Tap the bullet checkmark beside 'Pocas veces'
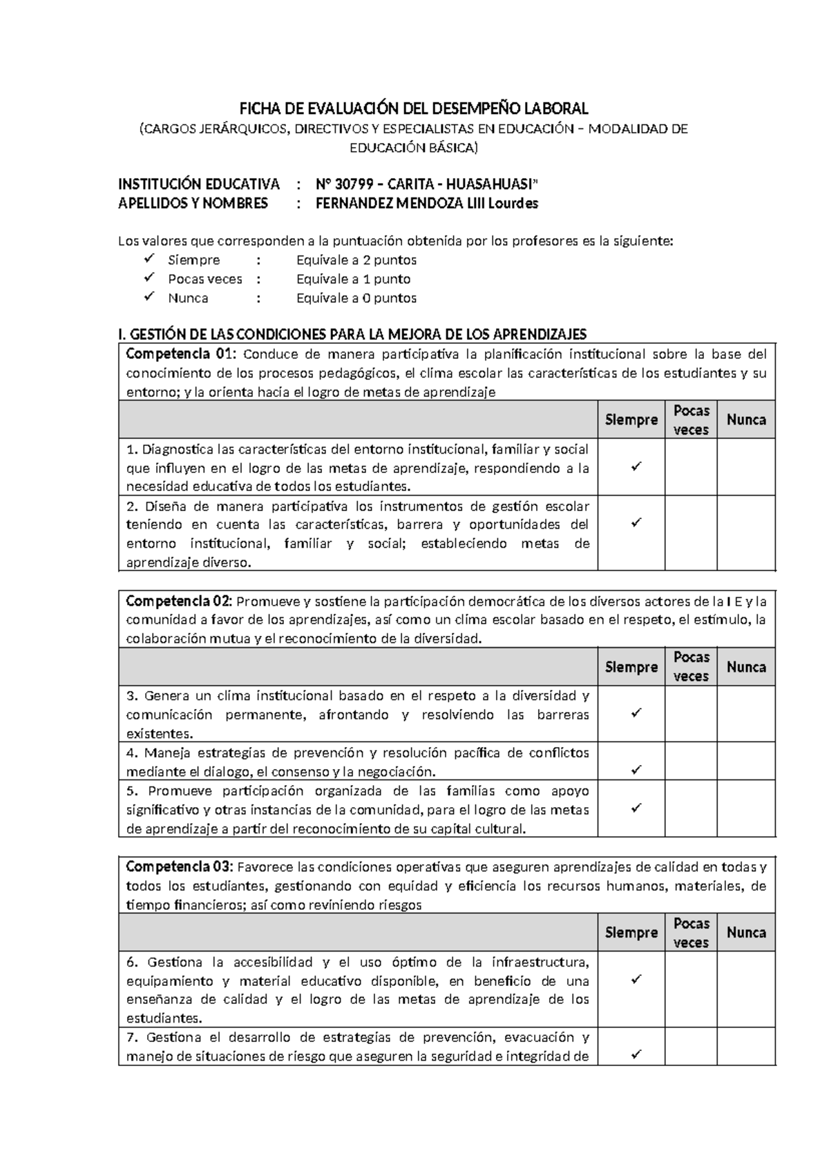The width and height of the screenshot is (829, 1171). pyautogui.click(x=149, y=278)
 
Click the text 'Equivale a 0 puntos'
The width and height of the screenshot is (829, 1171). pyautogui.click(x=356, y=298)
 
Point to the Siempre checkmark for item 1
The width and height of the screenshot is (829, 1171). pyautogui.click(x=636, y=467)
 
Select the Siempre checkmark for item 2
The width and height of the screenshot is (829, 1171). pyautogui.click(x=636, y=523)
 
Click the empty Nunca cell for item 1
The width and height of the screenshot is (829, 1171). pyautogui.click(x=746, y=467)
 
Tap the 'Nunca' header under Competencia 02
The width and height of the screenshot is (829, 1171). pyautogui.click(x=746, y=667)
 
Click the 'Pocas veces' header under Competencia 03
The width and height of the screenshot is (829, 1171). pyautogui.click(x=691, y=933)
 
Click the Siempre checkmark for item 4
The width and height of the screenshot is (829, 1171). pyautogui.click(x=636, y=769)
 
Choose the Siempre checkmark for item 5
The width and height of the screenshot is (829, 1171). pyautogui.click(x=636, y=806)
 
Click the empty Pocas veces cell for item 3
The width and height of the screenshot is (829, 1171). pyautogui.click(x=691, y=714)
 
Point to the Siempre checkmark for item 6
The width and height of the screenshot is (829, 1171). pyautogui.click(x=636, y=979)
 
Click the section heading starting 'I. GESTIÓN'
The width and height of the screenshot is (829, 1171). pyautogui.click(x=352, y=335)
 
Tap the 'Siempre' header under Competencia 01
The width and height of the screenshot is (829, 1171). pyautogui.click(x=631, y=420)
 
